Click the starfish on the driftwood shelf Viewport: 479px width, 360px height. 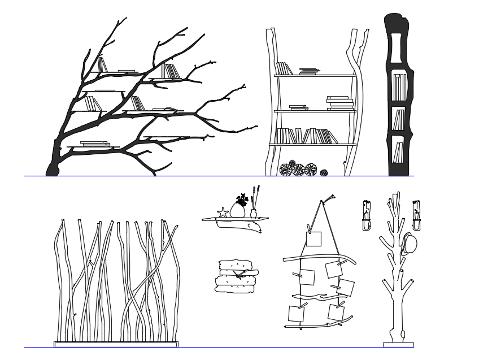[223, 212]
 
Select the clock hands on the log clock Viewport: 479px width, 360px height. [239, 275]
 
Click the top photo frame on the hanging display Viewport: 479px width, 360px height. [313, 239]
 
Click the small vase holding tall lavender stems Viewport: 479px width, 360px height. [254, 213]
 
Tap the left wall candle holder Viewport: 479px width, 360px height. [367, 216]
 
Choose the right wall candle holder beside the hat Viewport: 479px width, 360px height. [417, 216]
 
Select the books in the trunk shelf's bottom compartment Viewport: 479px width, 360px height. [398, 151]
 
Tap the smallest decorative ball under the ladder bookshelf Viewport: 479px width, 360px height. [324, 173]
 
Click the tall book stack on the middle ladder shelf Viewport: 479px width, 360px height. [339, 103]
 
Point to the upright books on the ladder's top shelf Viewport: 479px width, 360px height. [284, 68]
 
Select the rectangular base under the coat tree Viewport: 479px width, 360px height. [398, 344]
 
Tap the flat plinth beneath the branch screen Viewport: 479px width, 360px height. [116, 344]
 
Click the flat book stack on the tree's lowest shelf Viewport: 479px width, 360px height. [95, 144]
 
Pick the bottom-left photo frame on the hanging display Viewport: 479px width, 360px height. [297, 314]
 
